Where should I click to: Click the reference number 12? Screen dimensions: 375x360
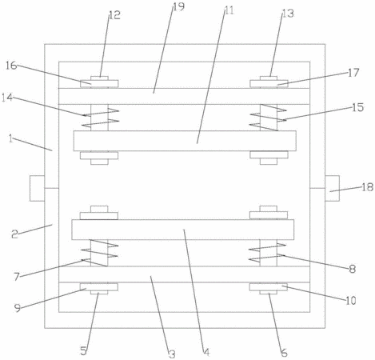click(x=115, y=15)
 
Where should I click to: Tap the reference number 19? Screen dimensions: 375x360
click(x=179, y=6)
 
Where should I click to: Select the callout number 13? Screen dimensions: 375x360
click(x=288, y=13)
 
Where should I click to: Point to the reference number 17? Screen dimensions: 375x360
click(x=353, y=73)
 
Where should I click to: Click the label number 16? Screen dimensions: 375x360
click(x=11, y=66)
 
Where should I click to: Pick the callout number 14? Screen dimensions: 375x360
click(x=7, y=98)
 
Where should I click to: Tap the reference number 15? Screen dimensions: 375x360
click(x=358, y=107)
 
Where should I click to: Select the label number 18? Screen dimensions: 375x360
click(x=368, y=187)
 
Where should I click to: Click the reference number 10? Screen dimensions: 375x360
click(x=351, y=301)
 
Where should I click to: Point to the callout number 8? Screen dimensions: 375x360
click(x=353, y=269)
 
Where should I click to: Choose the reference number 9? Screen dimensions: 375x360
click(x=18, y=309)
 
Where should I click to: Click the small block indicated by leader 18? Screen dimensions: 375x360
click(x=332, y=188)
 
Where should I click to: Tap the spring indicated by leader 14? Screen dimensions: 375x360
click(x=100, y=118)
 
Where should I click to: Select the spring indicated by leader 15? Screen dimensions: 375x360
click(x=269, y=118)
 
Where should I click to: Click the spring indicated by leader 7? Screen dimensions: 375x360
click(x=99, y=253)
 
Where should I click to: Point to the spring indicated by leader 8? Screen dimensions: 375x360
click(x=268, y=253)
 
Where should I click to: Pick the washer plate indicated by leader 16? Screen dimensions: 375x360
click(x=99, y=84)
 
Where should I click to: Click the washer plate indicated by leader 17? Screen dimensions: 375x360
click(x=269, y=84)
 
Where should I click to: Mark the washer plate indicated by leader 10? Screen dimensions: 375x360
click(x=269, y=287)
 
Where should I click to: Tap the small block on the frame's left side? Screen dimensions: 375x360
click(x=37, y=188)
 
